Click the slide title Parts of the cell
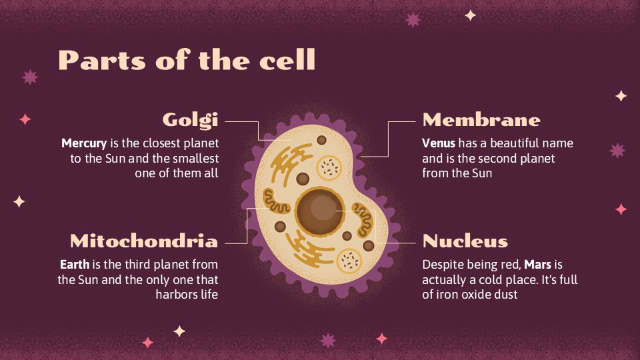coord(187,61)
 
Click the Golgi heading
coord(191,120)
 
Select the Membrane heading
coord(481,120)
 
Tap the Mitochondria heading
coord(144,241)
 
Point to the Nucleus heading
coord(465,241)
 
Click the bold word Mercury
coord(84,143)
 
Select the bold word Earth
coord(73,264)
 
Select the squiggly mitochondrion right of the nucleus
coord(363,220)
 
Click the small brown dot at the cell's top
coord(321,140)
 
